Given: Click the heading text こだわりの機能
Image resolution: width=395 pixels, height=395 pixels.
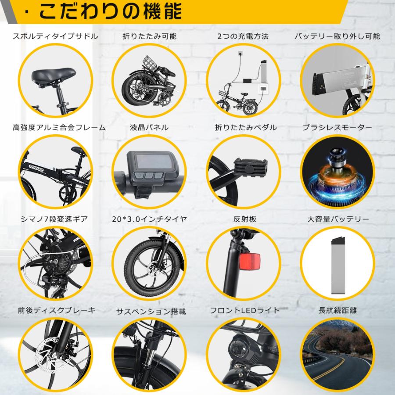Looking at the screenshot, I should [110, 12].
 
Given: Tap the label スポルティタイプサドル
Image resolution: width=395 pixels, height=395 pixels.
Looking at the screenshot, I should [55, 36].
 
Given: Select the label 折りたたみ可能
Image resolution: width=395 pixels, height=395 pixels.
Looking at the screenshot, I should [149, 36].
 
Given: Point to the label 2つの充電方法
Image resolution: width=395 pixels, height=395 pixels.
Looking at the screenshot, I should [243, 36].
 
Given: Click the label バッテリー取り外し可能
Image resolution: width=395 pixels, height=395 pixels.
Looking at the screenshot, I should [337, 36].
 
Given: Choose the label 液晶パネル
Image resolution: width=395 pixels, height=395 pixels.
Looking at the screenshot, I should [149, 128].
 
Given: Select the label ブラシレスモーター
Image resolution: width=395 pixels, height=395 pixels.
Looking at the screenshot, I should [337, 128].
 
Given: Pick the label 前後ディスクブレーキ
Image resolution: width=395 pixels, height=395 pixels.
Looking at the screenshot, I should [55, 310].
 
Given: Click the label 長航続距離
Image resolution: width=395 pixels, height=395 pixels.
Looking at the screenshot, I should [337, 310].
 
